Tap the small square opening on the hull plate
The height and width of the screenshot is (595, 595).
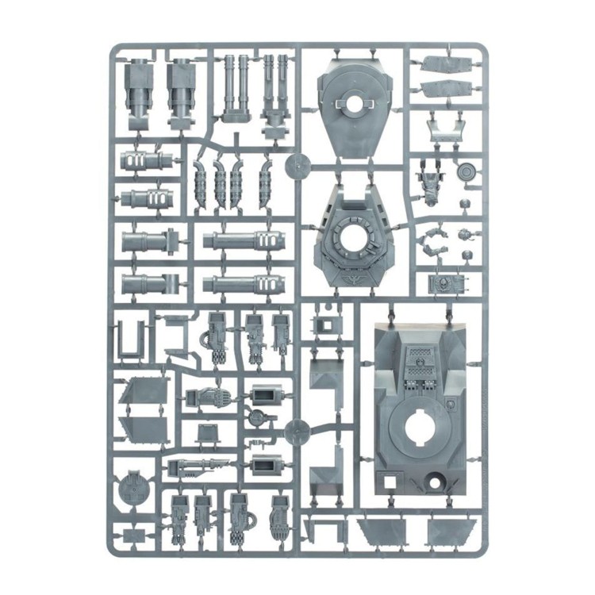pos(391,480)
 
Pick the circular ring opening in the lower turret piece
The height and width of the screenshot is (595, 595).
pos(352,234)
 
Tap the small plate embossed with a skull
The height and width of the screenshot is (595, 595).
pos(441,282)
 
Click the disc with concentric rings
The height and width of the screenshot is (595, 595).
pos(466,172)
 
